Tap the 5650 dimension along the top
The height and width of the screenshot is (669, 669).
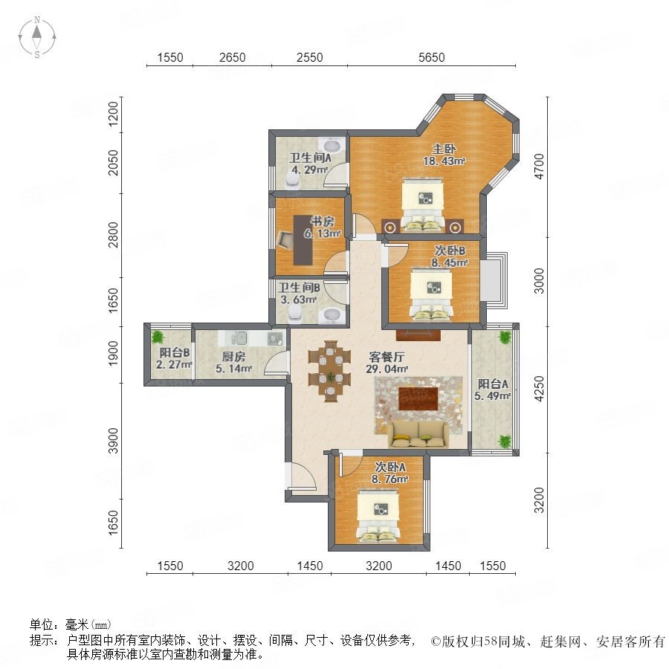coord(431,57)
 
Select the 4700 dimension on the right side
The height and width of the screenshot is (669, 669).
coord(540,167)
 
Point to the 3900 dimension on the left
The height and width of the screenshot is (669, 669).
coord(113,441)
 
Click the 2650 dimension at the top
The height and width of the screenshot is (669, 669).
coord(232,57)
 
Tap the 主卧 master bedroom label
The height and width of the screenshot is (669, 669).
coord(444,149)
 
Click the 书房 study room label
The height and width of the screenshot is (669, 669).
coord(322,222)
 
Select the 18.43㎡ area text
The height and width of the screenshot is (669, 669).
coord(444,161)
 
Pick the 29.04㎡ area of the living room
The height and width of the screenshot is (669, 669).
coord(387,369)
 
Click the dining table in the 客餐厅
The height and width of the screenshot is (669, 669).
coord(329,371)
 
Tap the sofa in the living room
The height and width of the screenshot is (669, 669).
coord(418,434)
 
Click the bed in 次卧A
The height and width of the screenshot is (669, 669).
coord(378,515)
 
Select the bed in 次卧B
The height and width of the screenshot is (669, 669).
coord(431,294)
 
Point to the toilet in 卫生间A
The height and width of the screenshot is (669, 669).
coord(292,181)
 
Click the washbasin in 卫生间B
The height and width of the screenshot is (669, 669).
coord(332,315)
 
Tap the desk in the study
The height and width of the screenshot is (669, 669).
coord(303,240)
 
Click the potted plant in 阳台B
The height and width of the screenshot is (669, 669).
coord(158,337)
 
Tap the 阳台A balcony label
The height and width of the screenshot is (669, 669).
coord(493,384)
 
